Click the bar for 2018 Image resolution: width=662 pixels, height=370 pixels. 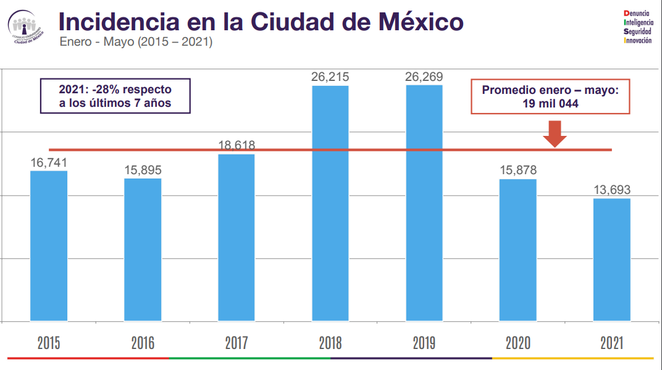(x=330, y=203)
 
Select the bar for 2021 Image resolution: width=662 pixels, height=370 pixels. (x=611, y=259)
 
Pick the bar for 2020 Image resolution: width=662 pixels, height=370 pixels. (x=517, y=250)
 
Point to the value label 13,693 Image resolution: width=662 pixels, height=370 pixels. (x=611, y=190)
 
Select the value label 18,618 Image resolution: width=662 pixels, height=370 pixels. (x=237, y=146)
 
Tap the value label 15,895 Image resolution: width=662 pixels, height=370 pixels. (x=143, y=170)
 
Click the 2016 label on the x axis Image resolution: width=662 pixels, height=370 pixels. (x=143, y=343)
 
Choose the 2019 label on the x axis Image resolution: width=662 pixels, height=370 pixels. (x=424, y=343)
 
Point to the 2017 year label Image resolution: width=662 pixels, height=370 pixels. (x=237, y=343)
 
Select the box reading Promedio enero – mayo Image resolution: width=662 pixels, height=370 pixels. (x=550, y=97)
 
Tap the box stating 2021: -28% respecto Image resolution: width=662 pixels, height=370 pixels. (x=115, y=96)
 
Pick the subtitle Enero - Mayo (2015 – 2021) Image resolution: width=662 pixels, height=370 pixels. (x=136, y=43)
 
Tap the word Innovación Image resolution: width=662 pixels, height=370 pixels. (x=638, y=40)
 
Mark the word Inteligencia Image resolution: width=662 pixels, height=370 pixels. (x=638, y=22)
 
